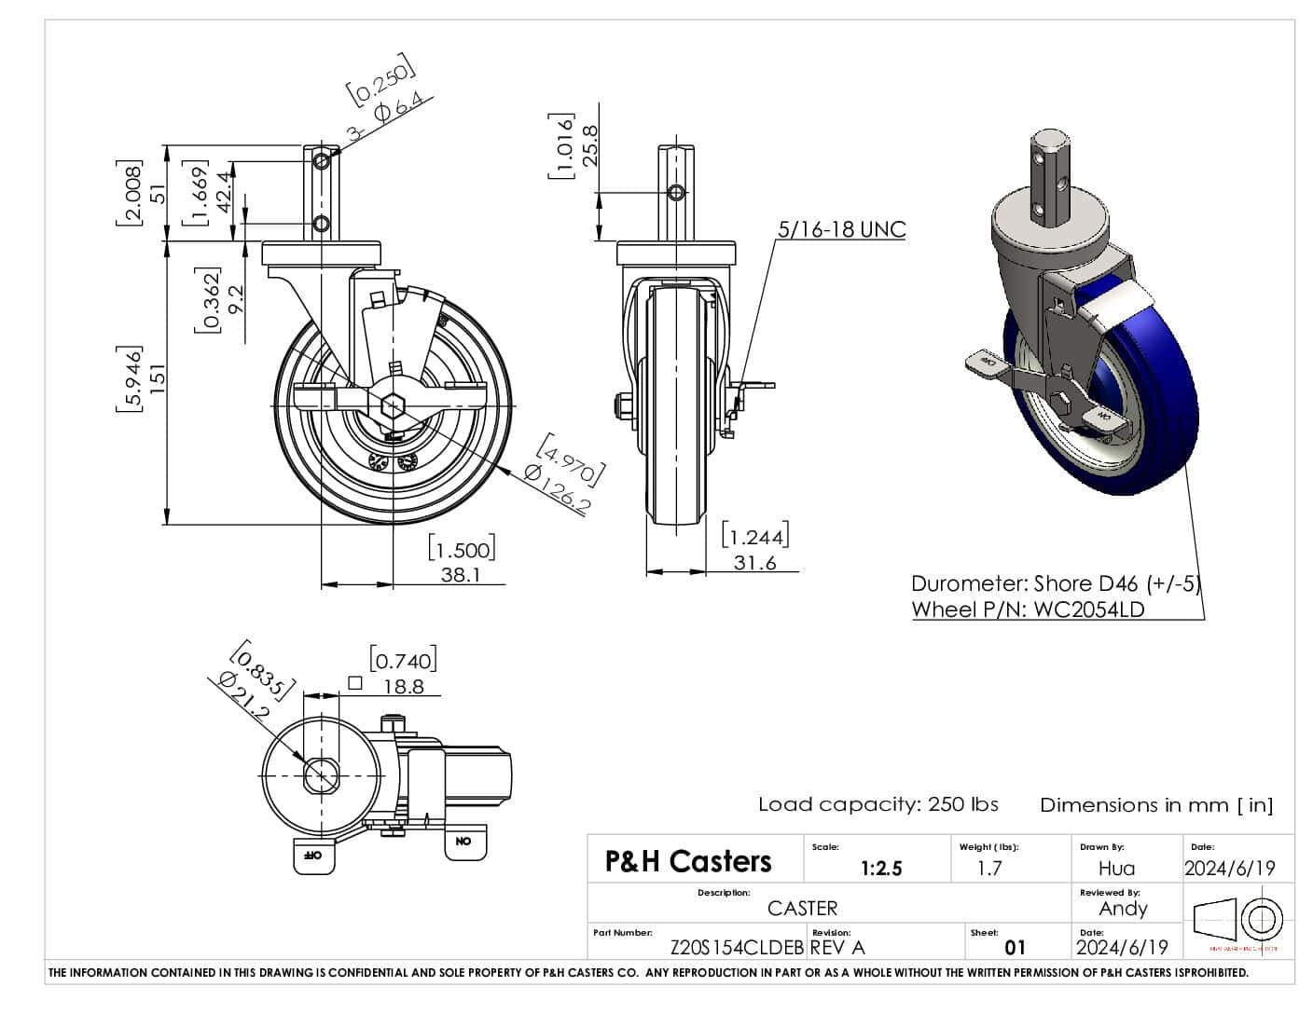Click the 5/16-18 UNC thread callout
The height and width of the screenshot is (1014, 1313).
point(841,229)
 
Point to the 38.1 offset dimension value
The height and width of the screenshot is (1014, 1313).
point(461,575)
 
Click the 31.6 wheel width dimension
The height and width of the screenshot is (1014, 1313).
point(754,563)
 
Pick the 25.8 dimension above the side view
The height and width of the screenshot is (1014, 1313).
point(589,145)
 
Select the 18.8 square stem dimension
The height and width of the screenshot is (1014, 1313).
point(404,686)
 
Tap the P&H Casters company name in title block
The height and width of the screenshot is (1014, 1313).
point(688,861)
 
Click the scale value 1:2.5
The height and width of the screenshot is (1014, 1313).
point(881,869)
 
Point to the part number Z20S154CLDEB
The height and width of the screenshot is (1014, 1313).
point(737,948)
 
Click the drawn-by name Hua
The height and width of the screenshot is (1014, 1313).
point(1116,869)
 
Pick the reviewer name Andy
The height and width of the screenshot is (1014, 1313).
point(1123,909)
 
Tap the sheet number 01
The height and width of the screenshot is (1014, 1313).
point(1015,948)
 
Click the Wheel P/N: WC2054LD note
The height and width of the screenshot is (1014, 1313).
point(1028,610)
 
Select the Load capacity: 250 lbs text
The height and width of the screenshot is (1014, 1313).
point(878,804)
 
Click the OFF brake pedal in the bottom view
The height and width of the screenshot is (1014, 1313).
point(313,855)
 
